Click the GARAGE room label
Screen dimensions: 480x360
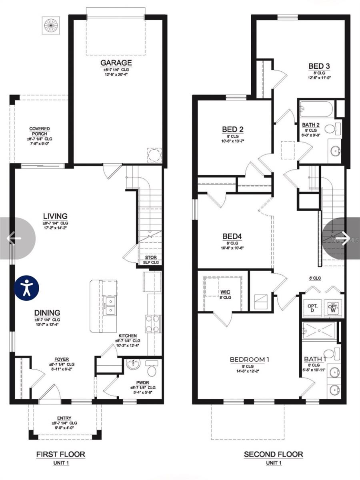tap(116, 63)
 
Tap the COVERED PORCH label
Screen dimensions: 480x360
tap(40, 131)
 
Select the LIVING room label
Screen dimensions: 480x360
tap(55, 216)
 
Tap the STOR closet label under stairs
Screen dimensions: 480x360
tap(151, 258)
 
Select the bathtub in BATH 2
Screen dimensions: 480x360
tap(316, 109)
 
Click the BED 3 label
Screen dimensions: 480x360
tap(319, 66)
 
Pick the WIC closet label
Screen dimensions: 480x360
tap(225, 292)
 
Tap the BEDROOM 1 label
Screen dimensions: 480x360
tap(249, 359)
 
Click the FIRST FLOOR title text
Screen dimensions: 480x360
tap(60, 454)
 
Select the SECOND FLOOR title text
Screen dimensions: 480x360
tap(274, 454)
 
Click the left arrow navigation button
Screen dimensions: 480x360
tap(15, 238)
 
